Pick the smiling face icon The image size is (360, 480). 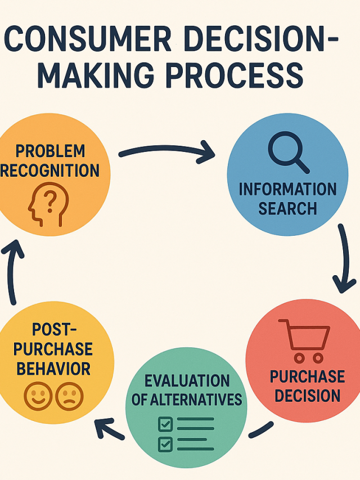(38, 396)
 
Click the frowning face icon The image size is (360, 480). (70, 396)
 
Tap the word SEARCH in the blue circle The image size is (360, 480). (287, 209)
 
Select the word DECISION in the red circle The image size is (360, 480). (307, 394)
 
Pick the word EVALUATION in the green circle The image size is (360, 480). (187, 380)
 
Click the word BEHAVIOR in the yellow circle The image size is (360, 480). (53, 369)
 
